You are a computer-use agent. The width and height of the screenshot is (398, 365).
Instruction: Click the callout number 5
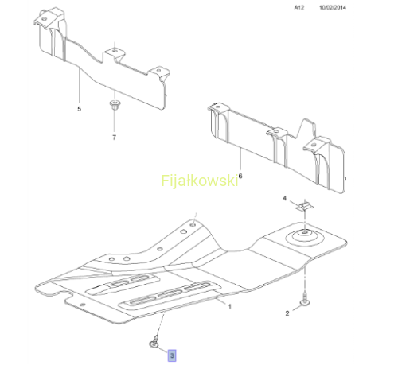point(79,109)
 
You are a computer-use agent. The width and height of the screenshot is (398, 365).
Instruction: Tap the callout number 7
point(114,138)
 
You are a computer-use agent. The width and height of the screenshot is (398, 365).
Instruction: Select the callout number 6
point(240,176)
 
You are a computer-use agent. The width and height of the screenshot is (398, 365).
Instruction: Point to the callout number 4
point(285,198)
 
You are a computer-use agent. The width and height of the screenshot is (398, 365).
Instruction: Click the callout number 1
point(230,306)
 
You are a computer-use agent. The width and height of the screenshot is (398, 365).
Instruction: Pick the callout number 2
point(287,313)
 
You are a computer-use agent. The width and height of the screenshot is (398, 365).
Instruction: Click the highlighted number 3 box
point(172,355)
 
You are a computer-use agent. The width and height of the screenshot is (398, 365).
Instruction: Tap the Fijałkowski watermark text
point(200,181)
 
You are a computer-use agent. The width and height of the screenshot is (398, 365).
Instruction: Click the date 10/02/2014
point(333,7)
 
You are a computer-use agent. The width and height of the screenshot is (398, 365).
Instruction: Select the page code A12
point(299,7)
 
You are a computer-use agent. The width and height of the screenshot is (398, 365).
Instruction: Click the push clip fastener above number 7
point(115,105)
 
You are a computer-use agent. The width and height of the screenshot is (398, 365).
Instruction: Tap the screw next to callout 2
point(305,299)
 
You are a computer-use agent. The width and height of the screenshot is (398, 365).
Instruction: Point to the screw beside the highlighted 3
point(155,342)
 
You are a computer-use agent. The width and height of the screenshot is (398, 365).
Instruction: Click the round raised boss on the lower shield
point(304,237)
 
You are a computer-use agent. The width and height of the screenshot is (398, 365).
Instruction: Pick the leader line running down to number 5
point(80,86)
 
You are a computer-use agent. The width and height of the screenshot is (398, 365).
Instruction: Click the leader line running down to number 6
point(240,159)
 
